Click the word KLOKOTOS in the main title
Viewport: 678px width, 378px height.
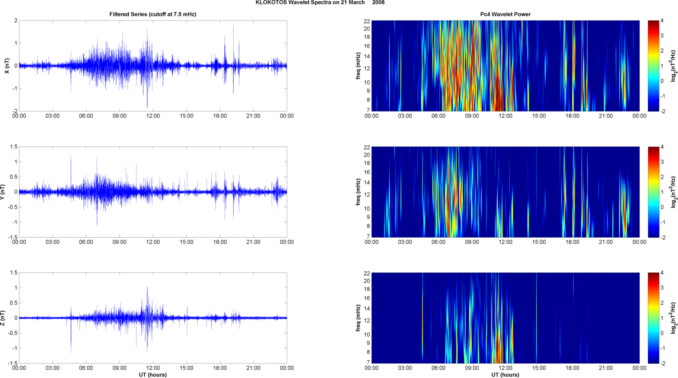(x=269, y=3)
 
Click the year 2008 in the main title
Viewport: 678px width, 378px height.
(x=379, y=3)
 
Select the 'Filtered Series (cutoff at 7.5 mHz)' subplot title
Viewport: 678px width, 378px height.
(x=152, y=14)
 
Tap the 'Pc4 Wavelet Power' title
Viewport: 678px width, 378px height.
(x=505, y=14)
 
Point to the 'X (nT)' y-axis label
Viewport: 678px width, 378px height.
(x=7, y=66)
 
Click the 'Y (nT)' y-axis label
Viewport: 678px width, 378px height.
(x=3, y=192)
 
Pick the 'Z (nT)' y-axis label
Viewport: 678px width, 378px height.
(x=3, y=318)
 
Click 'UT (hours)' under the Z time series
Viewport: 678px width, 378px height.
(x=152, y=375)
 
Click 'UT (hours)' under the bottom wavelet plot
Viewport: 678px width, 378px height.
(x=505, y=375)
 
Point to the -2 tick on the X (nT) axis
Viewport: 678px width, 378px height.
(x=15, y=111)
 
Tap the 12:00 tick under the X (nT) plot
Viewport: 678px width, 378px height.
(x=153, y=116)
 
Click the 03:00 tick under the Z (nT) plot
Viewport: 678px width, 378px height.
(x=52, y=368)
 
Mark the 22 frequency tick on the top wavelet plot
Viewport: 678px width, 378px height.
(x=367, y=21)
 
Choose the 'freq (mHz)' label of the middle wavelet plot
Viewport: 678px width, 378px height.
(x=358, y=192)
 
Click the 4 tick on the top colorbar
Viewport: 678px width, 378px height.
(x=662, y=21)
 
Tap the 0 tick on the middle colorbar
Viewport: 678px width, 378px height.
(x=662, y=207)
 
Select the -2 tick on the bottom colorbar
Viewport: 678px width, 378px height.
(x=663, y=363)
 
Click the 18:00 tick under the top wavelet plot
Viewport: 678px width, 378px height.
(x=572, y=116)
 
